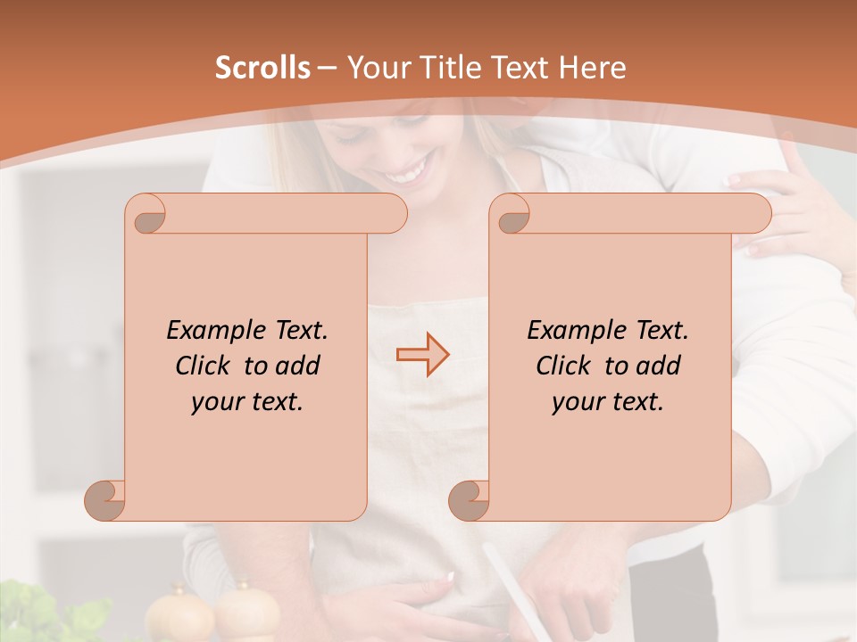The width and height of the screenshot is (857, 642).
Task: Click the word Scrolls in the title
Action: [262, 68]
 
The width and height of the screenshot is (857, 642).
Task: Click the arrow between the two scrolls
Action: [422, 355]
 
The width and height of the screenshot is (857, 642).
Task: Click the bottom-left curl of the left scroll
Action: [105, 499]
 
